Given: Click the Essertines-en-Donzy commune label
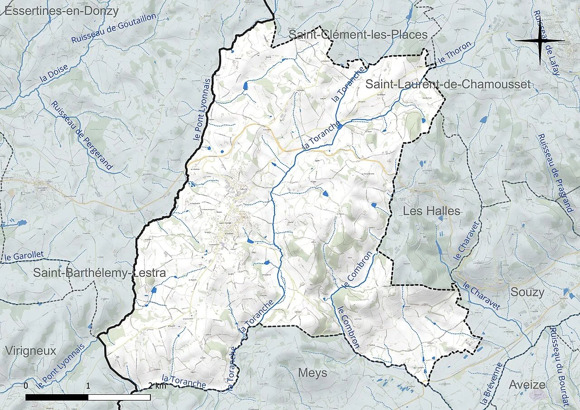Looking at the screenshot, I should [61, 11].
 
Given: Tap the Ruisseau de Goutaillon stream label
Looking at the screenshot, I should [114, 29].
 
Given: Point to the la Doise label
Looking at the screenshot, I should [54, 73].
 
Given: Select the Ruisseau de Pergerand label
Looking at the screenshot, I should [82, 135].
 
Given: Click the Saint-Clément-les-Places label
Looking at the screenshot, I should [358, 34].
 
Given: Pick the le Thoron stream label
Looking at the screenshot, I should [455, 53].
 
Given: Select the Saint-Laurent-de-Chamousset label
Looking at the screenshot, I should [448, 84].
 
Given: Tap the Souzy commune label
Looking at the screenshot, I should [527, 292].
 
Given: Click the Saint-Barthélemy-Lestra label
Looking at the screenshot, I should [99, 273].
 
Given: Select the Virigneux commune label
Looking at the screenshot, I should [31, 351].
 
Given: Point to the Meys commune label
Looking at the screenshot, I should [313, 373].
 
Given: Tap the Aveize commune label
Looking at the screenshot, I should [527, 385].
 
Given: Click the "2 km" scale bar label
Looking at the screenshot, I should [157, 386].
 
